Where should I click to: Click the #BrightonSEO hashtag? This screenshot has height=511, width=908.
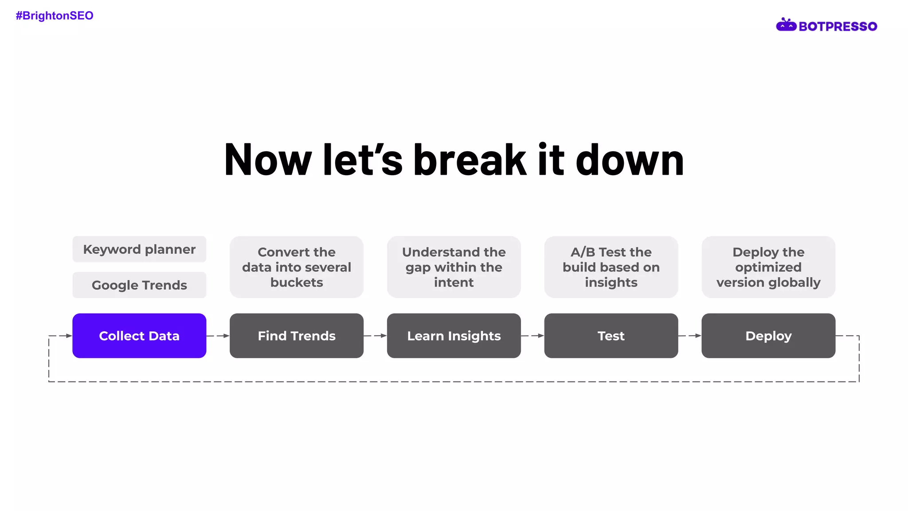[55, 16]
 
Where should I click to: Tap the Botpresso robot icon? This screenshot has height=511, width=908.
[786, 25]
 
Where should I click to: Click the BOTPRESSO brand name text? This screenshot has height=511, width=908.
[838, 27]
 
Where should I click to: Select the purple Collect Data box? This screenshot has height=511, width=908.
[139, 336]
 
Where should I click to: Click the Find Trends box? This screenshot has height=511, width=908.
[297, 336]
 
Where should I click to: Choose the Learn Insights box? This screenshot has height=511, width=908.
[454, 336]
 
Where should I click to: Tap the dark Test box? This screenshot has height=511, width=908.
[611, 336]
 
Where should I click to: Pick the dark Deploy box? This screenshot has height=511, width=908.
[768, 336]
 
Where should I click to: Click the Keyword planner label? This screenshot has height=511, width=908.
[139, 249]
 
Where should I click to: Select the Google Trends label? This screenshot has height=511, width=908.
[139, 285]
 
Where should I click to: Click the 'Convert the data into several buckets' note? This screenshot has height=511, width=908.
[297, 267]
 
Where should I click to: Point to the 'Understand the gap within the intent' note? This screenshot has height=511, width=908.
[454, 267]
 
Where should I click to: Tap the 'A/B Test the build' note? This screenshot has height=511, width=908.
[611, 267]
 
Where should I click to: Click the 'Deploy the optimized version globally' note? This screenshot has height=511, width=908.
[768, 267]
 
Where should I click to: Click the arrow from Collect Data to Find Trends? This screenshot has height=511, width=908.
[218, 336]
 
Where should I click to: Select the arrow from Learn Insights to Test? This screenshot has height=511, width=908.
[532, 336]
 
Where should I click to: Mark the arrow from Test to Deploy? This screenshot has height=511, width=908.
[690, 336]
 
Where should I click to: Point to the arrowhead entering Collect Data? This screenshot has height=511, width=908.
[69, 336]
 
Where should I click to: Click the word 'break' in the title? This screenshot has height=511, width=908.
[470, 160]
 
